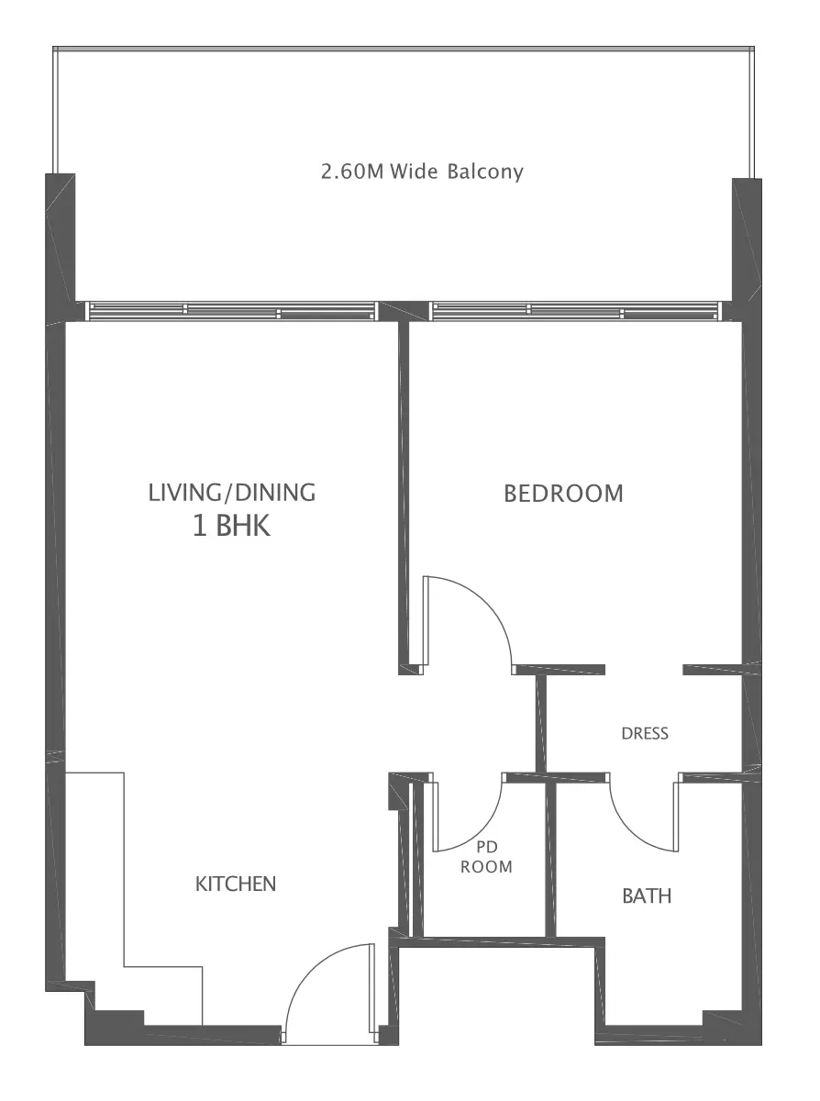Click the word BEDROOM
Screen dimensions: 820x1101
coord(563,494)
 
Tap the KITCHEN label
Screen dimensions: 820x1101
coord(236,884)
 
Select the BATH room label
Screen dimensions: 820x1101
coord(647,896)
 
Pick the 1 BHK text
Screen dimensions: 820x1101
coord(231,526)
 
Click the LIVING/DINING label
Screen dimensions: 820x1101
coord(232,493)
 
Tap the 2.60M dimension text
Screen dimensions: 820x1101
coord(352,172)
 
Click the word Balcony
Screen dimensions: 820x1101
coord(485,172)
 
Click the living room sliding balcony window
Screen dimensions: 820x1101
coord(231,311)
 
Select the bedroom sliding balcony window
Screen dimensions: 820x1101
coord(576,311)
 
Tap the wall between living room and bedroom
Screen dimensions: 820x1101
coord(404,496)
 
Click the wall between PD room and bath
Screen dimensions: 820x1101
coord(550,860)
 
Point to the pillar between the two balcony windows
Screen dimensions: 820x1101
coord(403,311)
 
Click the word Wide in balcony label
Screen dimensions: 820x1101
coord(414,172)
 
